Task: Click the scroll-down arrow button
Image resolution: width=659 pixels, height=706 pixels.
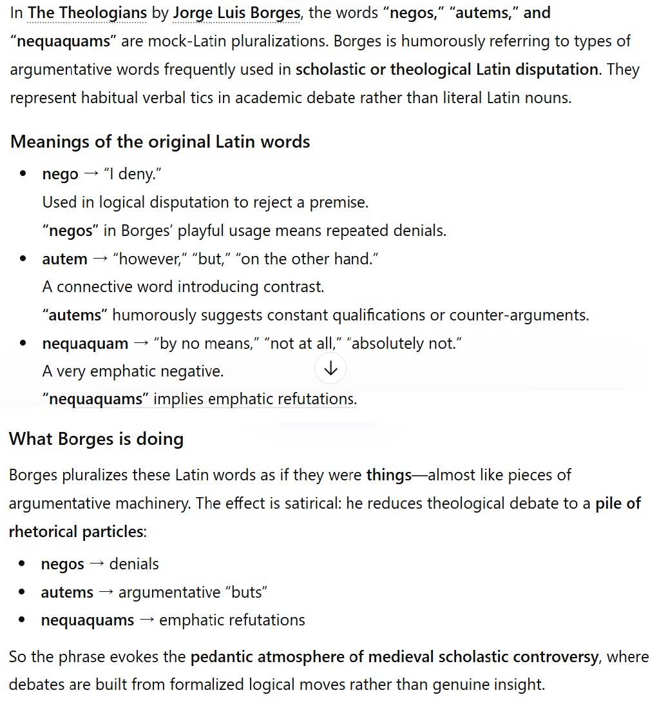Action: click(x=330, y=368)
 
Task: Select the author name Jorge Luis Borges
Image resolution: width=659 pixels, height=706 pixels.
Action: click(x=236, y=12)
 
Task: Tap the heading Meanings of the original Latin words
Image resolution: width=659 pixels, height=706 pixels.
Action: click(x=160, y=141)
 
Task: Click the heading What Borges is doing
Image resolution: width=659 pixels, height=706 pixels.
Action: click(x=97, y=438)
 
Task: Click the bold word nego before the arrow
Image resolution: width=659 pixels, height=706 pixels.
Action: click(x=60, y=174)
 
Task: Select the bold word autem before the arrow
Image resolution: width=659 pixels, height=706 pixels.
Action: click(x=64, y=259)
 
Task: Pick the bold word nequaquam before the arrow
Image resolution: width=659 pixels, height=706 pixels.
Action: click(x=85, y=344)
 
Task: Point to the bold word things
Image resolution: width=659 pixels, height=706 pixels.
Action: click(x=388, y=475)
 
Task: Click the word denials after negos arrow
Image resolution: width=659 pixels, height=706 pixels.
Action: click(x=134, y=564)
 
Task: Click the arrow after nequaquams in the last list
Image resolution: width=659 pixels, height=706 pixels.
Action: click(x=146, y=620)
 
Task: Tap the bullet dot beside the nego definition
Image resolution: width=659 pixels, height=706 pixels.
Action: click(x=23, y=174)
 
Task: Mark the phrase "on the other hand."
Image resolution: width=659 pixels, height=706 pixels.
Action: click(x=309, y=259)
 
